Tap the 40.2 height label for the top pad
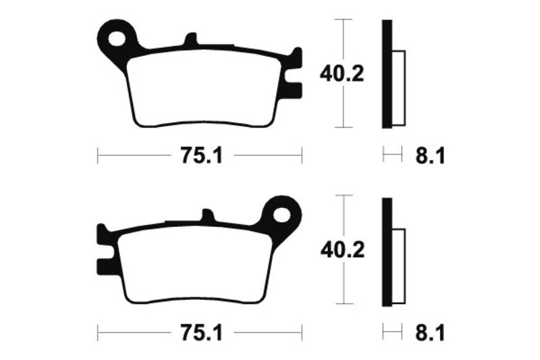(x=342, y=74)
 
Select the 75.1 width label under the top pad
(x=202, y=156)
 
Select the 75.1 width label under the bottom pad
(x=202, y=334)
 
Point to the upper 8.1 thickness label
(x=430, y=156)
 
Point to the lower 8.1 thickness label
(x=430, y=334)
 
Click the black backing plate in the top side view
(x=387, y=74)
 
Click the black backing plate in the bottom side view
(x=387, y=252)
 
